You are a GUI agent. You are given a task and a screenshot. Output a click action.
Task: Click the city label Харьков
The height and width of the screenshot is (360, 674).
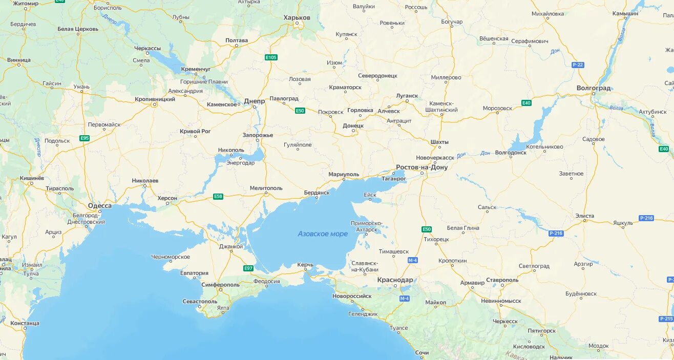tap(297, 17)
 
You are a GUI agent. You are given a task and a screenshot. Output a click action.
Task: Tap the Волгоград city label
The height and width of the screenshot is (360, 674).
tap(594, 88)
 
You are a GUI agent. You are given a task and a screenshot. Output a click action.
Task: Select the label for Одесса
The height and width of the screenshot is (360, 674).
tap(99, 206)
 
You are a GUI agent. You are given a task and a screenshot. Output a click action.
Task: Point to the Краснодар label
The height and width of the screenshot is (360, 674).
tap(395, 280)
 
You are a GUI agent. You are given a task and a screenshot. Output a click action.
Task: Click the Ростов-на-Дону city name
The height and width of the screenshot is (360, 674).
tap(422, 167)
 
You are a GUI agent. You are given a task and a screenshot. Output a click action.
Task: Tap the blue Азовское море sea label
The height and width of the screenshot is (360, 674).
tap(323, 234)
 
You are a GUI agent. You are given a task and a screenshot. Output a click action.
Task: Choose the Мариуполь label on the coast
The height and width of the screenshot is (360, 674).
tap(344, 175)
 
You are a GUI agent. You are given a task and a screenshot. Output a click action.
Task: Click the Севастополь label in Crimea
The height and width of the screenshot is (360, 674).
tap(200, 302)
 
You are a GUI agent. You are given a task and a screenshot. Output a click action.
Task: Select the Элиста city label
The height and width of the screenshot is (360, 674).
tap(584, 216)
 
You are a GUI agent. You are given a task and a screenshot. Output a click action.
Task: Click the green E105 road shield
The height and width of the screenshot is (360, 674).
tap(271, 57)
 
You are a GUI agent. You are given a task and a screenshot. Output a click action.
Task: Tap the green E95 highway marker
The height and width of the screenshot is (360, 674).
tap(85, 138)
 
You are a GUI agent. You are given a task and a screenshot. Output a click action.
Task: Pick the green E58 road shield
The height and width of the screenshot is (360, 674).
tap(218, 196)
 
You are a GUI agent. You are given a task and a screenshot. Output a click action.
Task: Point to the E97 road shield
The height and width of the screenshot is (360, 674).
tap(248, 268)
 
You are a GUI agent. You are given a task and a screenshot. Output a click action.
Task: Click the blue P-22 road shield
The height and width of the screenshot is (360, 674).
tap(578, 65)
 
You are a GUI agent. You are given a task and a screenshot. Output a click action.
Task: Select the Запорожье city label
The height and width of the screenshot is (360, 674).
tap(258, 135)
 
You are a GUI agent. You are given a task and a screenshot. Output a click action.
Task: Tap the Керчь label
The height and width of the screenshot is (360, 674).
tap(305, 265)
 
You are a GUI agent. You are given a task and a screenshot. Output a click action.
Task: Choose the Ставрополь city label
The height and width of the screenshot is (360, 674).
tap(502, 280)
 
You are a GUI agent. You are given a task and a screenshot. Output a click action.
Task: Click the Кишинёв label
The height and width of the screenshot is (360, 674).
tap(31, 178)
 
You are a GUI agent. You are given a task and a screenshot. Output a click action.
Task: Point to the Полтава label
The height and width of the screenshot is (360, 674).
tap(237, 40)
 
